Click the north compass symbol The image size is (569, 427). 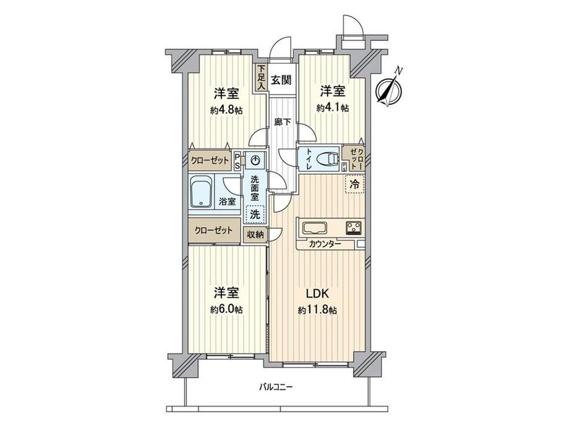point(388,88)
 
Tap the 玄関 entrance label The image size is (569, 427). point(281,79)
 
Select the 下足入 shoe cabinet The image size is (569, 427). point(261,77)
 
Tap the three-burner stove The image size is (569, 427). point(354,228)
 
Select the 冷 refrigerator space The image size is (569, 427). point(354,184)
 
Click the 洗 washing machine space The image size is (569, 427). point(255,214)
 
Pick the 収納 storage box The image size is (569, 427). point(255,235)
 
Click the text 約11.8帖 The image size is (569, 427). point(317,311)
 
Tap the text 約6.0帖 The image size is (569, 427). point(226,309)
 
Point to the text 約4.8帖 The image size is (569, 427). point(226,110)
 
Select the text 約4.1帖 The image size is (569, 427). point(333,108)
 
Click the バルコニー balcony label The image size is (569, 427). point(276,387)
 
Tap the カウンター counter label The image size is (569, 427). point(325,244)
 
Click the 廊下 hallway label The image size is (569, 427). point(282,123)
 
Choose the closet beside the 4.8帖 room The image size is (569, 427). point(210,160)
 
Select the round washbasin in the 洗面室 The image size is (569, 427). point(255,160)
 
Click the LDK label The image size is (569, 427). point(317,293)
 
